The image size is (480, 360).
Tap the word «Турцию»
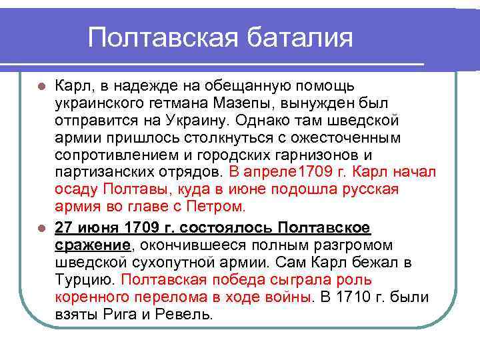(85, 279)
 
